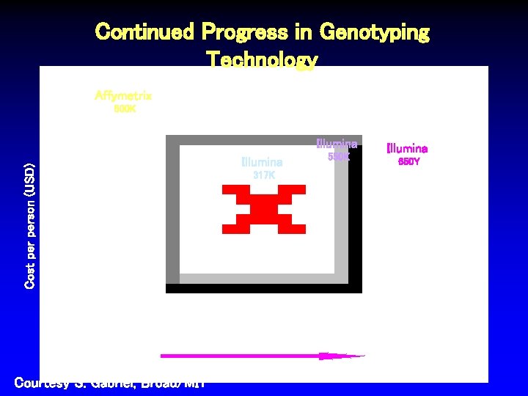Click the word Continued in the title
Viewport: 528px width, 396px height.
(144, 32)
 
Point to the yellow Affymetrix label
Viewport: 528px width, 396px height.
(123, 95)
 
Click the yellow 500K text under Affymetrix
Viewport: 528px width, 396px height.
(124, 109)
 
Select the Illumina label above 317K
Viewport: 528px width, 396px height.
(262, 162)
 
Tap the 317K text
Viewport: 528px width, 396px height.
(263, 175)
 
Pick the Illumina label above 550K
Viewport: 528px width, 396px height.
(337, 144)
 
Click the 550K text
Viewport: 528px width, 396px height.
(338, 157)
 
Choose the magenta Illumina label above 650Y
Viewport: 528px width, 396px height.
(407, 149)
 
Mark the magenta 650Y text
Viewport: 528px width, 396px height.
(408, 161)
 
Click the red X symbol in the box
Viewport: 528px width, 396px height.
(263, 209)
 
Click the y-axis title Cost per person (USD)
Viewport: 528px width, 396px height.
(29, 225)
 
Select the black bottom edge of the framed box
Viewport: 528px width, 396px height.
(263, 288)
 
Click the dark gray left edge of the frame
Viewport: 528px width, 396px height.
(172, 213)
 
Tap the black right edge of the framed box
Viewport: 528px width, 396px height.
(355, 213)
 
